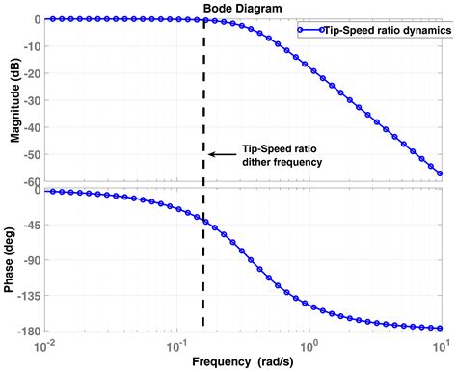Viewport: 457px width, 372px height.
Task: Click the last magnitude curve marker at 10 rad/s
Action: tap(441, 173)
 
